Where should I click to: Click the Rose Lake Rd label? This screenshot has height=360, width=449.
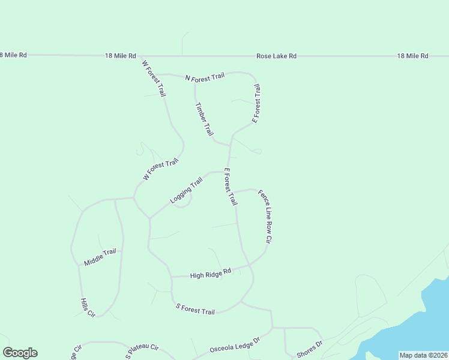coord(276,56)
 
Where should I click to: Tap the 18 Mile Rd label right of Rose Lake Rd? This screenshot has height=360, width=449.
coord(412,56)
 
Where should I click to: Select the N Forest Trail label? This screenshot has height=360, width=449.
coord(205,77)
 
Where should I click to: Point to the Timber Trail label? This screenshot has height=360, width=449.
coord(204,118)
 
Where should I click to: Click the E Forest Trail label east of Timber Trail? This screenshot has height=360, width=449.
coord(256,104)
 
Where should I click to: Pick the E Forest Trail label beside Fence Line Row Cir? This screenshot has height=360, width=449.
coord(231,187)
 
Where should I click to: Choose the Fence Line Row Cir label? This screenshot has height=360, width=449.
coord(265,216)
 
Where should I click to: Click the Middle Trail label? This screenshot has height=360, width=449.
coord(100,257)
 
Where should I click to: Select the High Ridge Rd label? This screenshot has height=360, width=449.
coord(210,274)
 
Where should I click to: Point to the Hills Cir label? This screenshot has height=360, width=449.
coord(88,307)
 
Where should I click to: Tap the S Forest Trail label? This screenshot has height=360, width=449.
coord(195,309)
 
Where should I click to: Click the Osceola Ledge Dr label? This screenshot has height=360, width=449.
coord(234,344)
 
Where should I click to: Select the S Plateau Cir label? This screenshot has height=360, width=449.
coord(142,351)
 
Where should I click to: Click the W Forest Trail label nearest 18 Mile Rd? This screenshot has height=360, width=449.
coord(154,78)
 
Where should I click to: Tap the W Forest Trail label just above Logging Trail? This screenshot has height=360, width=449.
coord(161,170)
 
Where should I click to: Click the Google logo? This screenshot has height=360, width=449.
coord(20,353)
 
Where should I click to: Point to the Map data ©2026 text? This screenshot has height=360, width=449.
coord(423,355)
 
